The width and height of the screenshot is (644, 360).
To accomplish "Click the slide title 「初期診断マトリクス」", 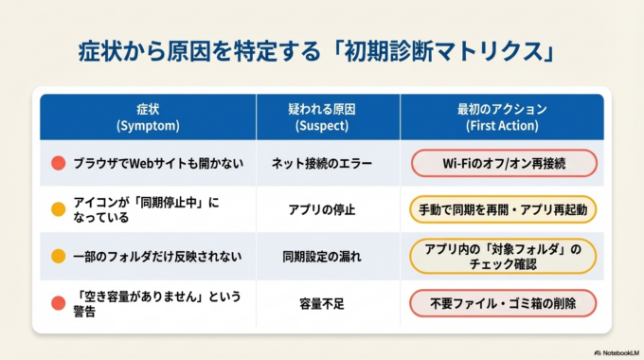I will (x=322, y=48).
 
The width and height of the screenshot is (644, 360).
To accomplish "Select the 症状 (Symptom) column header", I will (x=147, y=117).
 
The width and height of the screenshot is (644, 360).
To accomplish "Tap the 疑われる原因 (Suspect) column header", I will (x=328, y=117).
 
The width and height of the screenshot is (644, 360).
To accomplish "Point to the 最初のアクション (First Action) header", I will (x=502, y=117).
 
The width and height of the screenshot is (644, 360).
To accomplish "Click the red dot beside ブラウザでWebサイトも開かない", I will (x=59, y=164).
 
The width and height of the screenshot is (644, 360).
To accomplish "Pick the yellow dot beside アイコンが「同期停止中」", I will (x=59, y=209).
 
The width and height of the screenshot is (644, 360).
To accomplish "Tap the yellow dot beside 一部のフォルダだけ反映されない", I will (x=59, y=256).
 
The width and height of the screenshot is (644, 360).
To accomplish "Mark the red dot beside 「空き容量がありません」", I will (x=59, y=302).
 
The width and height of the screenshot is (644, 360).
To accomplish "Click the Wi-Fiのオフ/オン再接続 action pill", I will (x=504, y=164).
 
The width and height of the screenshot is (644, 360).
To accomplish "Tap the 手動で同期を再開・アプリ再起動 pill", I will (x=504, y=209).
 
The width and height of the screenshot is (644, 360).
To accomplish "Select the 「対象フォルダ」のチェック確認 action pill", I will (x=504, y=256).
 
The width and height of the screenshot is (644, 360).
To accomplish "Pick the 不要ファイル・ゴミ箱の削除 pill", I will (x=504, y=303).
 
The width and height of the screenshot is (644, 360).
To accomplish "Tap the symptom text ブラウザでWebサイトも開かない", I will (x=158, y=164).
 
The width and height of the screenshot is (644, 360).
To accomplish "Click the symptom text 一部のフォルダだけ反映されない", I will (x=160, y=256).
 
